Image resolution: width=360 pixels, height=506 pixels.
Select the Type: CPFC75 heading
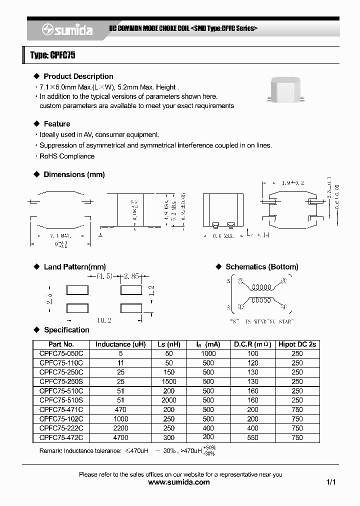(x=52, y=55)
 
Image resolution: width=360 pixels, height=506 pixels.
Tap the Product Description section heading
(x=78, y=76)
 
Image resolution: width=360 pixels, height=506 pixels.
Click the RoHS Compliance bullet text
(x=67, y=156)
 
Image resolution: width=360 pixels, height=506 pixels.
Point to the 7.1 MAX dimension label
(x=60, y=235)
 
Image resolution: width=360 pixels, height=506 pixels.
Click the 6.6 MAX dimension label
(x=222, y=235)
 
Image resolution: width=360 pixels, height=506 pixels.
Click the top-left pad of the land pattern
(x=77, y=290)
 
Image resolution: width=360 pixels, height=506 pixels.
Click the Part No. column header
(x=61, y=344)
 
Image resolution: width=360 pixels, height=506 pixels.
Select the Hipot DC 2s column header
(x=297, y=344)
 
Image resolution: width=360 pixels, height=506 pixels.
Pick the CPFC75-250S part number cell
(x=61, y=381)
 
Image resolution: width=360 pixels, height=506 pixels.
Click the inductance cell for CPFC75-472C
(x=120, y=437)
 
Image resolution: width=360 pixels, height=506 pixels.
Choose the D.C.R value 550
(x=252, y=437)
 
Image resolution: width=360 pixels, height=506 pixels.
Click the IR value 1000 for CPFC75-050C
(x=208, y=353)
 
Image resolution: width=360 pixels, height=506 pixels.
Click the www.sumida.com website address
(x=179, y=482)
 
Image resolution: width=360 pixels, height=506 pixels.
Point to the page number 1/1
(x=330, y=482)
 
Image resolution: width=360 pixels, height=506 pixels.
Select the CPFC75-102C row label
(x=61, y=419)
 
